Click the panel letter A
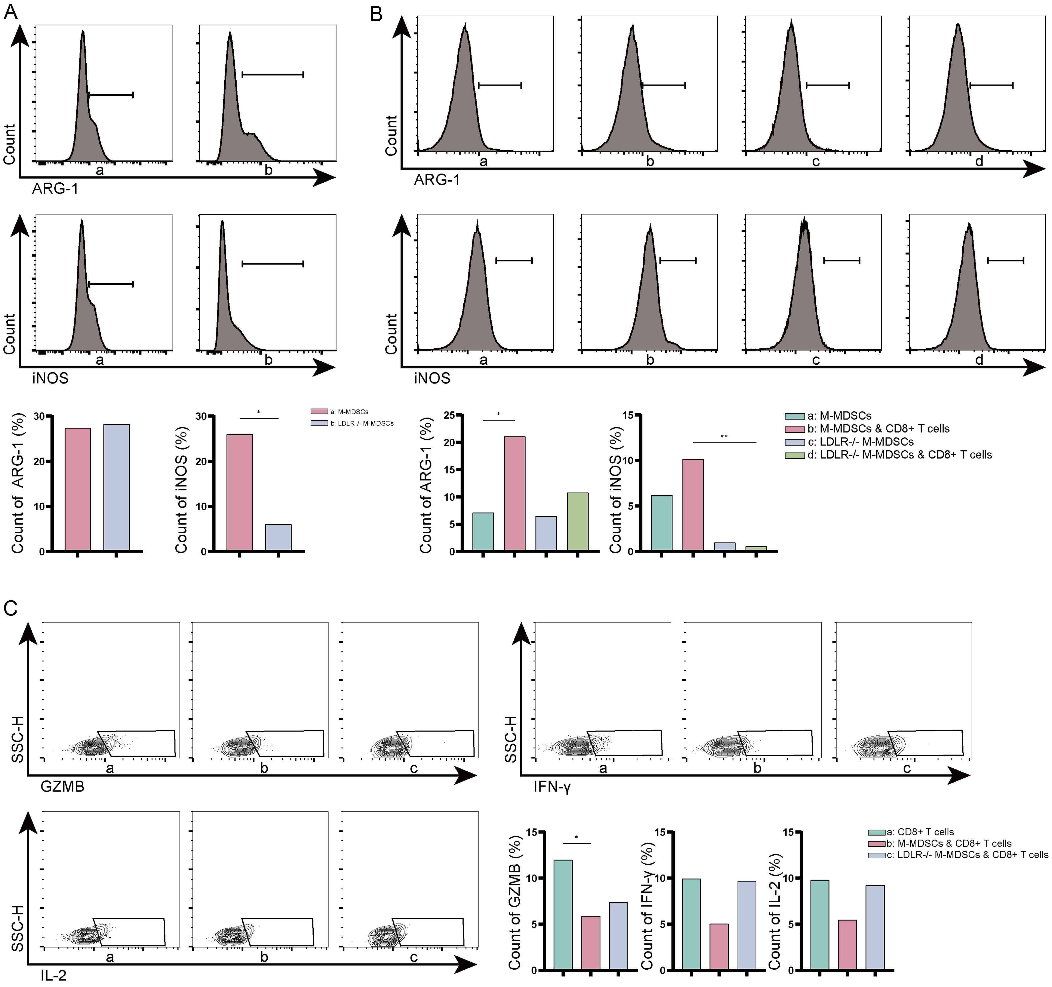11,12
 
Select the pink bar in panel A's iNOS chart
240,492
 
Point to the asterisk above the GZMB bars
576,838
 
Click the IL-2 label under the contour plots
53,975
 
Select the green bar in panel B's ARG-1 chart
577,522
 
